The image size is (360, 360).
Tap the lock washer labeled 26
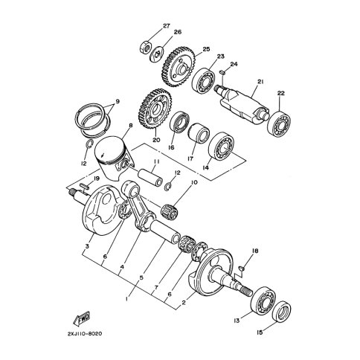pyautogui.click(x=157, y=54)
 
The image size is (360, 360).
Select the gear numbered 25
pyautogui.click(x=179, y=68)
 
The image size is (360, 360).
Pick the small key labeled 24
pyautogui.click(x=222, y=72)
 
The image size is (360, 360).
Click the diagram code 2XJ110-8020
pyautogui.click(x=84, y=334)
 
